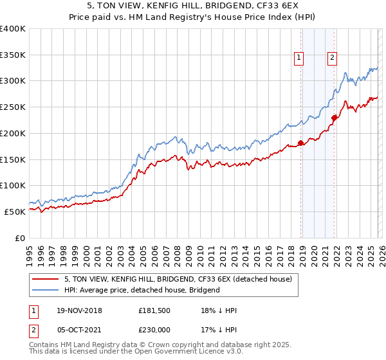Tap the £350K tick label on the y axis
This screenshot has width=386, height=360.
click(x=13, y=55)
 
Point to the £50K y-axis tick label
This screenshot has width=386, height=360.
click(x=14, y=212)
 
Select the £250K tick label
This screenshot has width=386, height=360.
click(x=13, y=107)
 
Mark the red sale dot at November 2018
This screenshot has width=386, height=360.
click(x=300, y=143)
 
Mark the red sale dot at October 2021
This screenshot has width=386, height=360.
click(x=334, y=118)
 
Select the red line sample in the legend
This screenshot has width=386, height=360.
click(x=46, y=280)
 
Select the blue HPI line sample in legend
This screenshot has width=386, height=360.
click(x=46, y=290)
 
